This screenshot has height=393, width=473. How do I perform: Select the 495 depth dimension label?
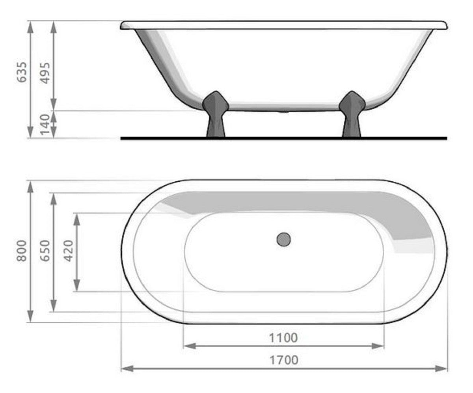tap(46, 72)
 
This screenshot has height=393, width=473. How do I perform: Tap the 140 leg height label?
tap(46, 124)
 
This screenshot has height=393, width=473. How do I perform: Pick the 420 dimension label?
tap(69, 251)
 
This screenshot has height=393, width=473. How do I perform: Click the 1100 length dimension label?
tap(283, 338)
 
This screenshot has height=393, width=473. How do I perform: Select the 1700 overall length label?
tap(283, 360)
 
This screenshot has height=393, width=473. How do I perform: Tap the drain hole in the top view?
tap(283, 239)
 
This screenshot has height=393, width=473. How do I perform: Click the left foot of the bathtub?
tap(216, 114)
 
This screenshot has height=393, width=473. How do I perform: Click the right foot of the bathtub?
tap(352, 114)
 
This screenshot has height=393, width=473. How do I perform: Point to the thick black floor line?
tap(283, 138)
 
